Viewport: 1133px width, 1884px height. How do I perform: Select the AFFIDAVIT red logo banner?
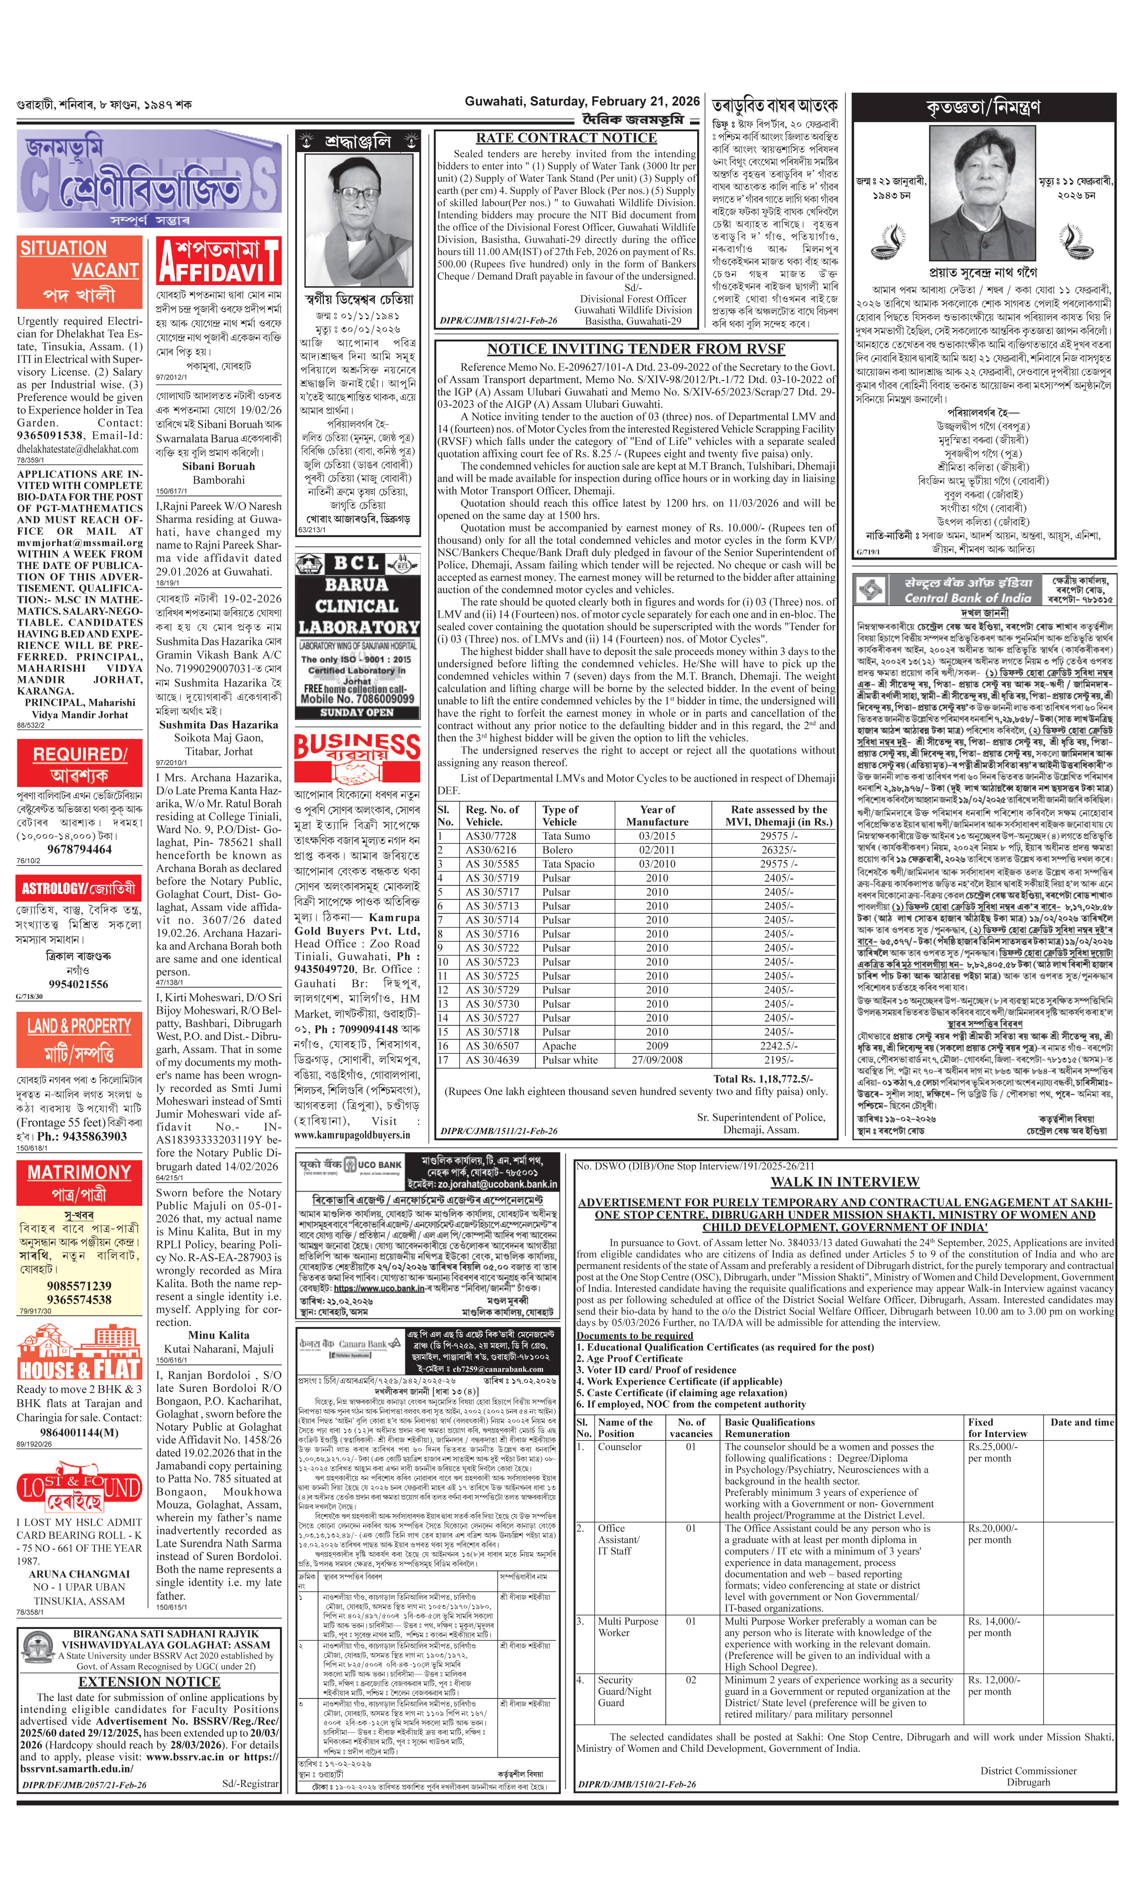pos(219,261)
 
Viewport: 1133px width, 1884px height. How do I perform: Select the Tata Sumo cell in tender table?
pos(567,835)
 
